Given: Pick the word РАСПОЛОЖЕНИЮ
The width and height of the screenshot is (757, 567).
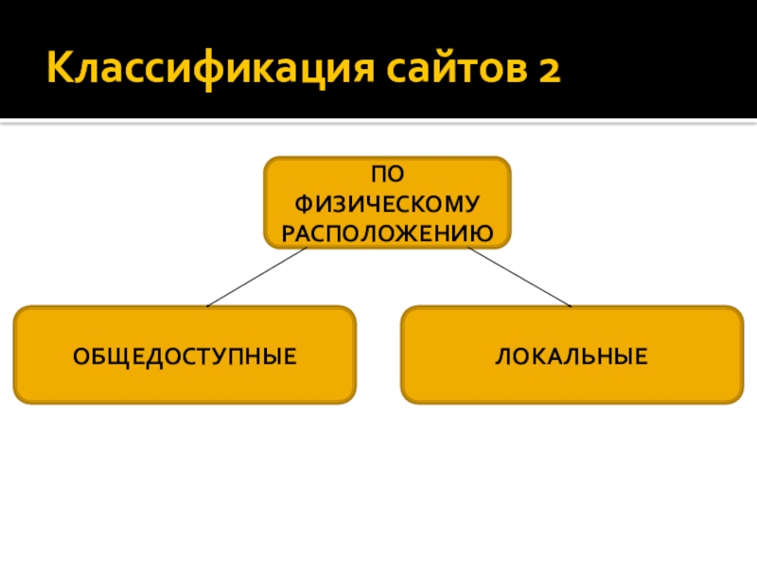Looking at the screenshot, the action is tap(387, 232).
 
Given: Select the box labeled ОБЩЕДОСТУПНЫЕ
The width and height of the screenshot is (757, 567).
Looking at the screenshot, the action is tap(185, 354).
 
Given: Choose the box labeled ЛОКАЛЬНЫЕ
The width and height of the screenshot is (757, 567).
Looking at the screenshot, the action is tap(572, 354).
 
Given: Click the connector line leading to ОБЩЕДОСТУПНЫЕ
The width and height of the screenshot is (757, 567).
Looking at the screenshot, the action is tap(255, 278).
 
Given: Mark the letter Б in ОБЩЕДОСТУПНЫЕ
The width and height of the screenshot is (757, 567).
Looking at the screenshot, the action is tap(98, 357).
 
